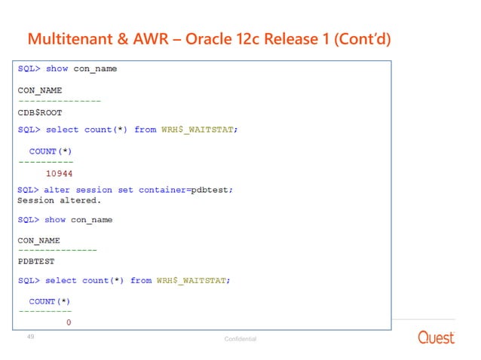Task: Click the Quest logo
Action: click(x=437, y=337)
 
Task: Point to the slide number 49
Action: click(x=31, y=337)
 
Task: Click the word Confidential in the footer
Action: click(x=240, y=339)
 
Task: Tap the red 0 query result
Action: click(x=69, y=322)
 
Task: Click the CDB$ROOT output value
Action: click(x=40, y=113)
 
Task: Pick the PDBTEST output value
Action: click(x=37, y=264)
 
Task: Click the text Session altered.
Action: click(x=58, y=201)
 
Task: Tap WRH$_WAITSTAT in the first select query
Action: click(x=199, y=130)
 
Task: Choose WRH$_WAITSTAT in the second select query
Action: click(x=193, y=280)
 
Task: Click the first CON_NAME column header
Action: click(x=40, y=90)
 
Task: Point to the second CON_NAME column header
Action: click(x=39, y=241)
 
